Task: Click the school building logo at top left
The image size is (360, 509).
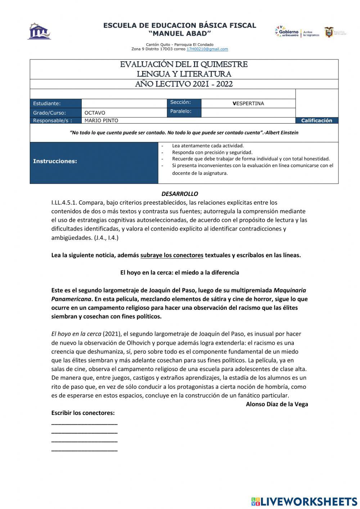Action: click(x=39, y=31)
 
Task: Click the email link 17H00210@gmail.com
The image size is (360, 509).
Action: click(x=207, y=49)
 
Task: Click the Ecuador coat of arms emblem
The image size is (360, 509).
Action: click(x=329, y=32)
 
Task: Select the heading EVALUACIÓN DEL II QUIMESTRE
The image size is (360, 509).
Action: click(x=184, y=64)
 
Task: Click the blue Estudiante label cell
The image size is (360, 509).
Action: click(x=56, y=103)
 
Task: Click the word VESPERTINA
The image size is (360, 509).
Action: click(x=248, y=103)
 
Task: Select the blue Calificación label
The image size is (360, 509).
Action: click(x=316, y=120)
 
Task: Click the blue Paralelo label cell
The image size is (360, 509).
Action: click(x=184, y=111)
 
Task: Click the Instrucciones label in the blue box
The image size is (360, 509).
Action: click(x=55, y=161)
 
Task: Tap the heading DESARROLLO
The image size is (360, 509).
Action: click(x=180, y=194)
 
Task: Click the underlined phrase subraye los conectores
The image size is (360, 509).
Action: click(x=172, y=255)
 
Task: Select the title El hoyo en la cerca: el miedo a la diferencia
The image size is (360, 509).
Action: click(x=180, y=273)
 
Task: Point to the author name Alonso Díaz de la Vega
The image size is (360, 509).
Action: click(x=277, y=404)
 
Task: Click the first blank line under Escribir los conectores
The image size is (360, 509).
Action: click(x=84, y=424)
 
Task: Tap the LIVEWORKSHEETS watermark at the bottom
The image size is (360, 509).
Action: click(x=304, y=501)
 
